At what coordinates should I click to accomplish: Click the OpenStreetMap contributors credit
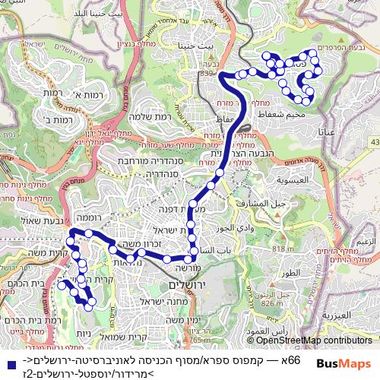tap(315, 341)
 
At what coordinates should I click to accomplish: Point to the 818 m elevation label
tap(283, 249)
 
